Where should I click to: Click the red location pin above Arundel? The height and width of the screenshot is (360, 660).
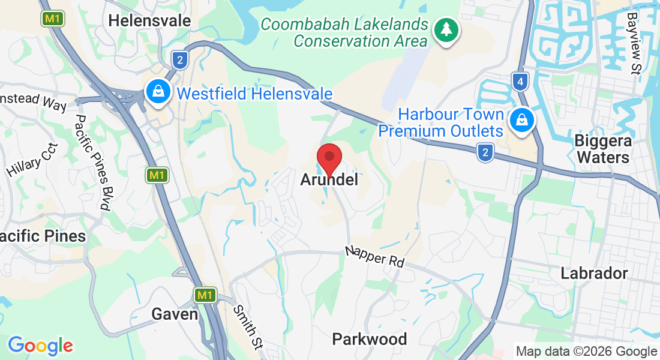[329, 158]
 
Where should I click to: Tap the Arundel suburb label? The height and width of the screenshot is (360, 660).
[329, 179]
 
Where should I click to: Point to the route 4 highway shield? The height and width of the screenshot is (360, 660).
[520, 80]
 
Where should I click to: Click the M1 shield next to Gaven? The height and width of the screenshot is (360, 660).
[205, 295]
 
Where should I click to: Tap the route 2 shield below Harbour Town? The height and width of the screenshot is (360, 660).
[485, 153]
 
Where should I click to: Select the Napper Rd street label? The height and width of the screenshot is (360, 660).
[374, 256]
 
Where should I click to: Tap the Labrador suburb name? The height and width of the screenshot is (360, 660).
[594, 274]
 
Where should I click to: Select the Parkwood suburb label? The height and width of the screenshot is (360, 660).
[370, 340]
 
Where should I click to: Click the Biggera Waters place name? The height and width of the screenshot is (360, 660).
[602, 149]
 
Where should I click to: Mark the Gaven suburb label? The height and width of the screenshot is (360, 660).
[175, 314]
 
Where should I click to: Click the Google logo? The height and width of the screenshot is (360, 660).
[40, 346]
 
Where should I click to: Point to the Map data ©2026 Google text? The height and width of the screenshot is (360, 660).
[586, 352]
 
